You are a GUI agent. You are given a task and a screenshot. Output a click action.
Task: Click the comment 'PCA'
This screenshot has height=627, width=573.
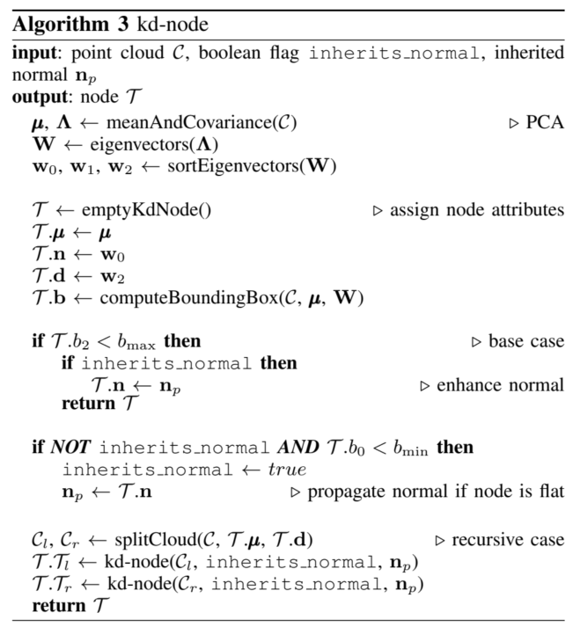[x=544, y=123]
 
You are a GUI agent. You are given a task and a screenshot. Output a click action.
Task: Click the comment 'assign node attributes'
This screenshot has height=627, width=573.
[x=476, y=211]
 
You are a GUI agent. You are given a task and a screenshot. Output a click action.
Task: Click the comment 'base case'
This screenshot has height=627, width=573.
[x=525, y=340]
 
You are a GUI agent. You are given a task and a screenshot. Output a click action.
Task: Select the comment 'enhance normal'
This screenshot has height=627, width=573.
[x=499, y=384]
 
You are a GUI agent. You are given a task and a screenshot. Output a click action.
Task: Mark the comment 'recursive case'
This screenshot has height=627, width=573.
[x=508, y=539]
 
